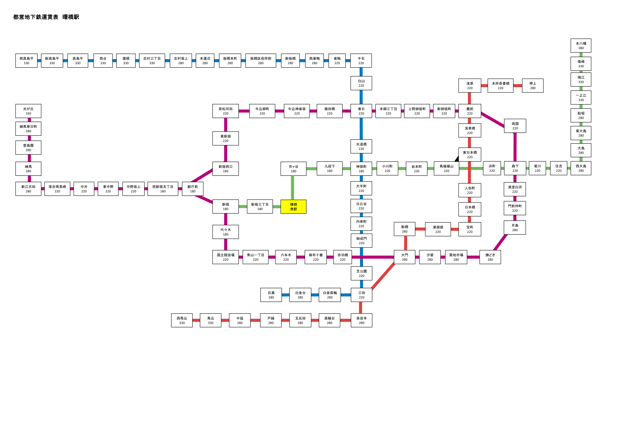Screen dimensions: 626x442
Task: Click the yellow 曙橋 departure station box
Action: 293,207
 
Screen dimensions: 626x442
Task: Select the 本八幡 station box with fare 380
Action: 581,46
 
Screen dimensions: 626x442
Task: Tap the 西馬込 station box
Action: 182,320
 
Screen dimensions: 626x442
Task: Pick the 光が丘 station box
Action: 28,111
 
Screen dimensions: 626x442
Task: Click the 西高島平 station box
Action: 26,60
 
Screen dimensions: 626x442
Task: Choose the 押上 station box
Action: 533,86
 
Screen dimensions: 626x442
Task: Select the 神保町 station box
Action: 361,169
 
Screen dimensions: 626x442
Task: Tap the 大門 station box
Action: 405,257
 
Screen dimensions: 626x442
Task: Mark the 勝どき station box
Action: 490,257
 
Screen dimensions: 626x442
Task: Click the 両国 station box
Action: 515,126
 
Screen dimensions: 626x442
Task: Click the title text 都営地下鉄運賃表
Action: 36,17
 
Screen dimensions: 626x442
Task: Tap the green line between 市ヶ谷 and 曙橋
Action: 293,188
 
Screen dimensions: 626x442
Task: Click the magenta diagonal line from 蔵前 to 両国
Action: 493,120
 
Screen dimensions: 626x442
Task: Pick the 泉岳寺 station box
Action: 361,320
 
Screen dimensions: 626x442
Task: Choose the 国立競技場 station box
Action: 226,257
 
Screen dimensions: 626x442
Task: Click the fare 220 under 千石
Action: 361,63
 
